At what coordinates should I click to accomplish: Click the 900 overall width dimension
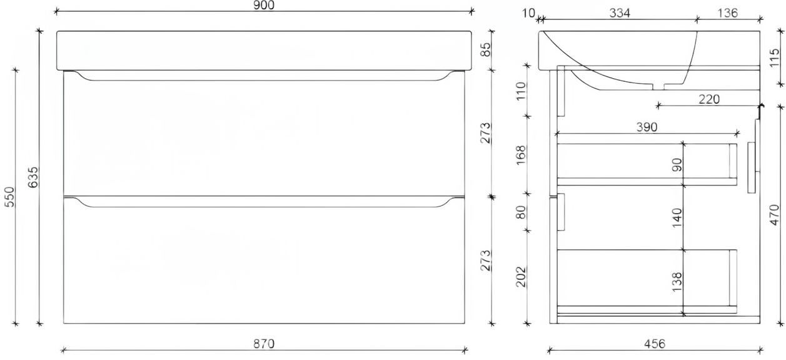click(x=263, y=6)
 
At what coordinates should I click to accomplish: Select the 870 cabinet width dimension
click(x=263, y=343)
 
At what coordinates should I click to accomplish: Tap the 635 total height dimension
click(x=35, y=177)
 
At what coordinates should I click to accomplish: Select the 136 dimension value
click(x=728, y=12)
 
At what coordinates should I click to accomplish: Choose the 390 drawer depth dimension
click(x=647, y=127)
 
